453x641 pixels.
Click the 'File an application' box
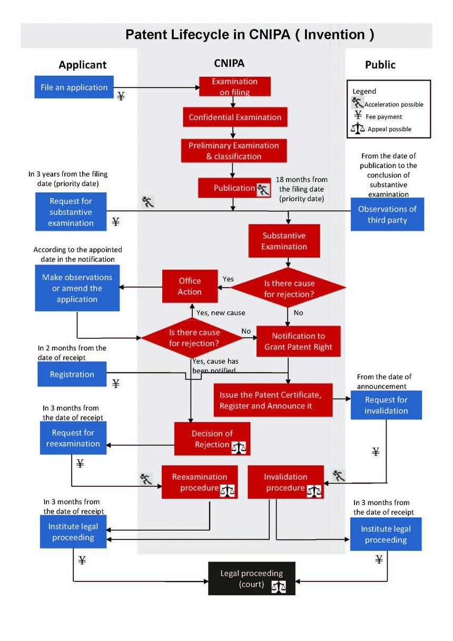(x=74, y=87)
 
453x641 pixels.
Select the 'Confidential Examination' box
(x=235, y=117)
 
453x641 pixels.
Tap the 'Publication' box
(x=234, y=188)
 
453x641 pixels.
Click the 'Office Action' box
(x=190, y=286)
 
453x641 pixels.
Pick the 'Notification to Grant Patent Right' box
(x=299, y=341)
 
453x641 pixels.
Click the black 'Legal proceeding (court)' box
(x=252, y=578)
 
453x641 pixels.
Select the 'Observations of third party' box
(x=387, y=214)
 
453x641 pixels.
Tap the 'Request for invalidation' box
(x=386, y=405)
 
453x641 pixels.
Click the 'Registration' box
(x=72, y=374)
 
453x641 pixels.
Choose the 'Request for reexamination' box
(x=73, y=438)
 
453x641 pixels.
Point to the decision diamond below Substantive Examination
(x=288, y=287)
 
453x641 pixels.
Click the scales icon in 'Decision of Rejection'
(x=239, y=448)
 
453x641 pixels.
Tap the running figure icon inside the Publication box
(x=263, y=190)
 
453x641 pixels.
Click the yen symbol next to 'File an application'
(x=121, y=96)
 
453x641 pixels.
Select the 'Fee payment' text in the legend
(x=383, y=117)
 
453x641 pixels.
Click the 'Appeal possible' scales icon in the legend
(x=358, y=128)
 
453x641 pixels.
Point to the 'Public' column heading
(x=380, y=65)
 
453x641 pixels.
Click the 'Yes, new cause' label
(x=221, y=313)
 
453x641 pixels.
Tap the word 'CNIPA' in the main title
(x=270, y=34)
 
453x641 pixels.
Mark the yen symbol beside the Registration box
(x=115, y=383)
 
